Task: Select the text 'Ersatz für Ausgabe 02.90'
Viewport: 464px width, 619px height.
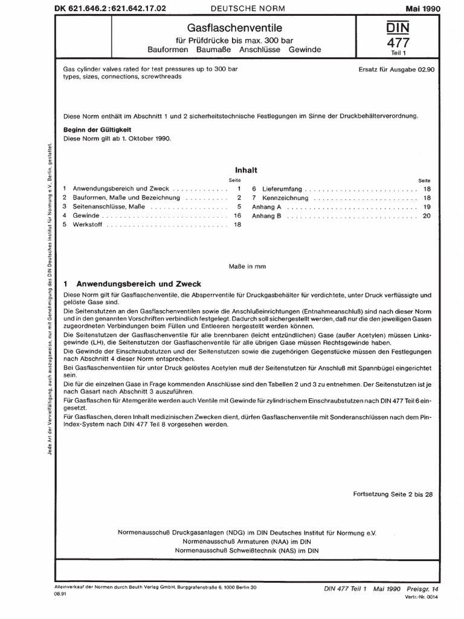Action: tap(395, 70)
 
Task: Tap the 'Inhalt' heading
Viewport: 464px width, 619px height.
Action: tap(241, 171)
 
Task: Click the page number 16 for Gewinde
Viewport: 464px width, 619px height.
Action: tap(237, 216)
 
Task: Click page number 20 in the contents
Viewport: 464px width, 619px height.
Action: tap(427, 216)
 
